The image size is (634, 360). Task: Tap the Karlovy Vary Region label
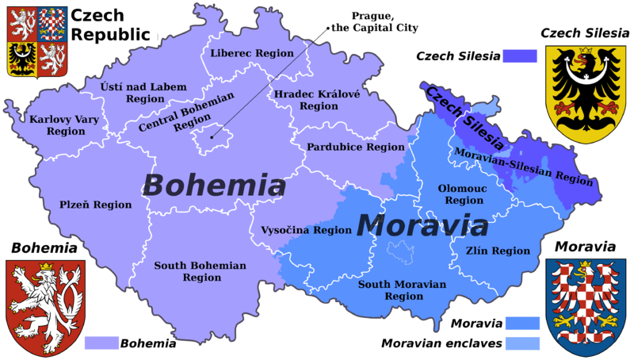point(57,125)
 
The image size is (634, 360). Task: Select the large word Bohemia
point(214,186)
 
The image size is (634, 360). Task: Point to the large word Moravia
point(422,225)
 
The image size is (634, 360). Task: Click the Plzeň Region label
point(96,205)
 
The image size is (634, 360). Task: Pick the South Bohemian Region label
point(200,271)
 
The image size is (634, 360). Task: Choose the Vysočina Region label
point(306,230)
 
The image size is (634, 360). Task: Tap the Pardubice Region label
point(355,147)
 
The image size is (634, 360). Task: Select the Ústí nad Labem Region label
point(144,93)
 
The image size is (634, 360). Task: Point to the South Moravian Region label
point(403,289)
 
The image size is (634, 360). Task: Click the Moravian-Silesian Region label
point(523,165)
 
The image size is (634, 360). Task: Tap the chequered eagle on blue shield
point(586,306)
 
